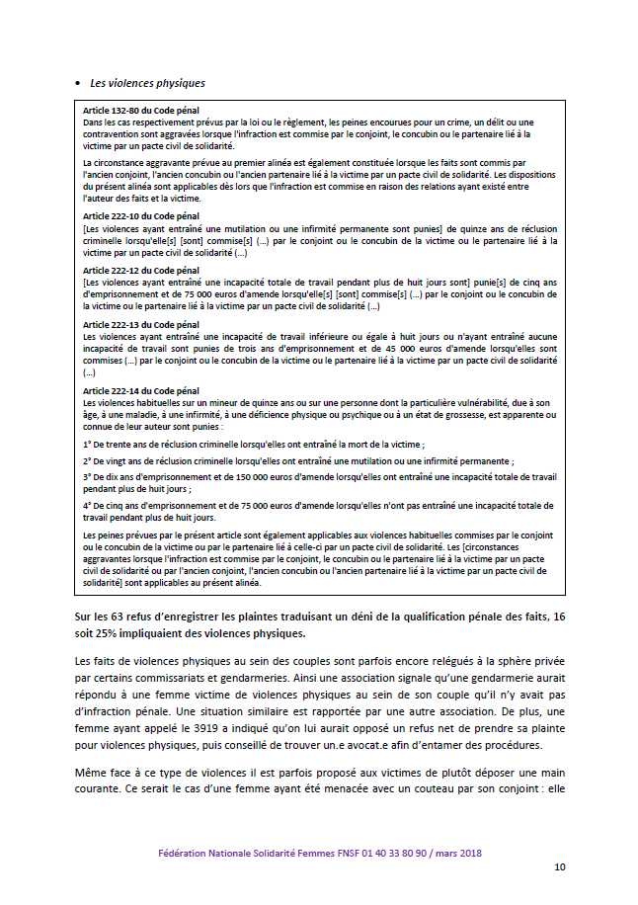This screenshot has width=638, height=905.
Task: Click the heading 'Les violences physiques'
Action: click(147, 83)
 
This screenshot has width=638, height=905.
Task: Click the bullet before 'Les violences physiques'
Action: click(77, 83)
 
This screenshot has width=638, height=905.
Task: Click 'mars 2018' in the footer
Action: click(455, 853)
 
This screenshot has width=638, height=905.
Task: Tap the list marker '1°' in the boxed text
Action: click(88, 446)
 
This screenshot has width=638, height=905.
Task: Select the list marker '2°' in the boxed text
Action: click(88, 461)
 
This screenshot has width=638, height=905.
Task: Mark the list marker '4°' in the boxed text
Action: click(88, 505)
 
